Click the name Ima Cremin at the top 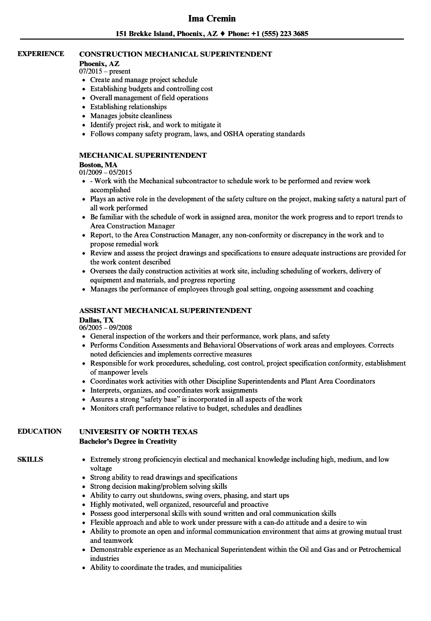point(211,19)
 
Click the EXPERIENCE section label point(41,54)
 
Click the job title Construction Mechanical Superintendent point(175,54)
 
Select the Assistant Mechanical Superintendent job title point(165,310)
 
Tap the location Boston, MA point(98,164)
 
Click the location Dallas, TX point(96,320)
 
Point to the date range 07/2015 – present point(105,71)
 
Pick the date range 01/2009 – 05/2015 point(106,172)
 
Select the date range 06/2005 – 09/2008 point(106,328)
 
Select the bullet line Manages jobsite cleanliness point(131,116)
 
